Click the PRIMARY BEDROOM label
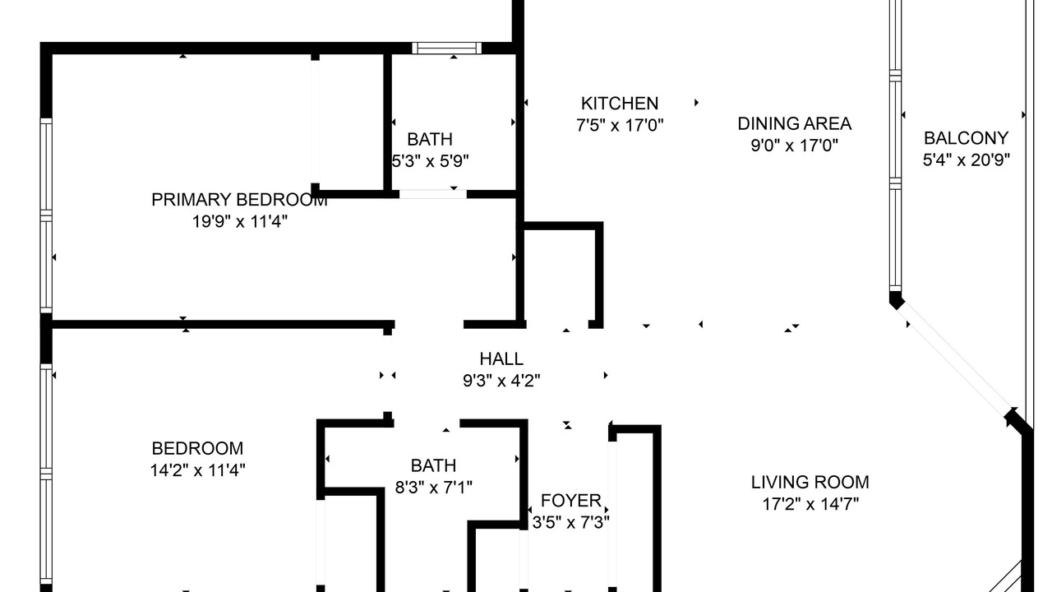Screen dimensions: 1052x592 (x=239, y=200)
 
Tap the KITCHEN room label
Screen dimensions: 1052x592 (x=620, y=104)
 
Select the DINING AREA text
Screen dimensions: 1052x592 (x=794, y=123)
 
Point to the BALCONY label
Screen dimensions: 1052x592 (x=966, y=138)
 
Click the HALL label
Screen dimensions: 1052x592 (x=501, y=359)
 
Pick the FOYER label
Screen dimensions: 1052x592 (x=570, y=501)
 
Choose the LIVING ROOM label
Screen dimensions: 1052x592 (x=810, y=483)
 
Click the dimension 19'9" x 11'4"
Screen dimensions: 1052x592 (x=239, y=221)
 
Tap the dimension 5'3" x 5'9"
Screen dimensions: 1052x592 (x=430, y=161)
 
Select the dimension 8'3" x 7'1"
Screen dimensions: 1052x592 (x=433, y=488)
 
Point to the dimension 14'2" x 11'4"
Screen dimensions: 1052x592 (x=197, y=469)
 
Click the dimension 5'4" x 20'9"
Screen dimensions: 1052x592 (x=966, y=160)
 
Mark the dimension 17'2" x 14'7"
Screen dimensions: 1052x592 (x=810, y=504)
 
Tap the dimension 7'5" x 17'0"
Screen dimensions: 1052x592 (x=620, y=126)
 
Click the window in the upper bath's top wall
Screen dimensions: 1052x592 (x=446, y=48)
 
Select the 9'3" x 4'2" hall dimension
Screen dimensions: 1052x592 (x=501, y=381)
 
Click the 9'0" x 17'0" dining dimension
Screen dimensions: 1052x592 (x=794, y=146)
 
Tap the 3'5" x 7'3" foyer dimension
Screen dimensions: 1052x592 (x=570, y=522)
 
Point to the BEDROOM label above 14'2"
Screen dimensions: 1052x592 (x=197, y=448)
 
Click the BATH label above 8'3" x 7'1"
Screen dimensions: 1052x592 (x=433, y=465)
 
